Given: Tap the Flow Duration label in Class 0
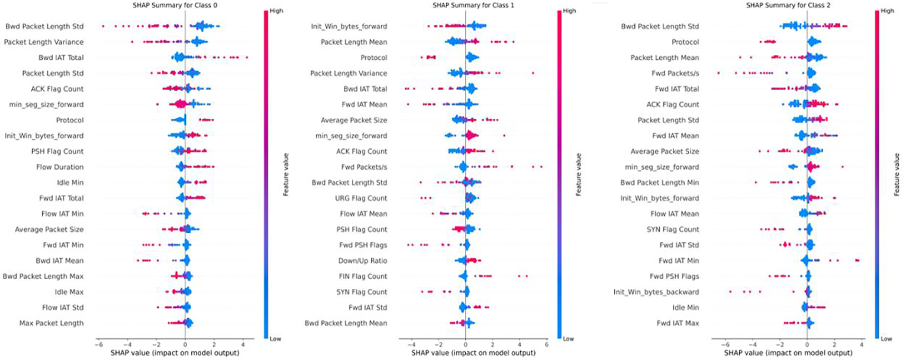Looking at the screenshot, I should pyautogui.click(x=60, y=167).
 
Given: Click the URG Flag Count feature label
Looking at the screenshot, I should pyautogui.click(x=361, y=198).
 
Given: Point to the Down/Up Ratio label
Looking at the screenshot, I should pyautogui.click(x=362, y=261).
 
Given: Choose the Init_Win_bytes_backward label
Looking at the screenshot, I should pyautogui.click(x=656, y=292).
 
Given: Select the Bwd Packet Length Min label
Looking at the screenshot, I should pyautogui.click(x=659, y=183).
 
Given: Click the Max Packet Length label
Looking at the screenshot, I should pyautogui.click(x=51, y=323).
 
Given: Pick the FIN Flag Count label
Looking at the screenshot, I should pyautogui.click(x=363, y=276).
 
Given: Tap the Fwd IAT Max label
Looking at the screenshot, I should pyautogui.click(x=677, y=323).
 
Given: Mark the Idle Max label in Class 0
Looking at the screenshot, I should pyautogui.click(x=69, y=292).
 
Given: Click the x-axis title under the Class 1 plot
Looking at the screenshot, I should pyautogui.click(x=473, y=353).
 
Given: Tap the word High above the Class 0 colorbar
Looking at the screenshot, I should pyautogui.click(x=276, y=10).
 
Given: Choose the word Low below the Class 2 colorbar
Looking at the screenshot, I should pyautogui.click(x=886, y=339).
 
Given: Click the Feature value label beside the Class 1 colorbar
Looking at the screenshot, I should pyautogui.click(x=578, y=174).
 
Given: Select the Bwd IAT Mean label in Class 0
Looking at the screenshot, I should pyautogui.click(x=59, y=261).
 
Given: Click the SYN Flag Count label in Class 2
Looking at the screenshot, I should pyautogui.click(x=673, y=229).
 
